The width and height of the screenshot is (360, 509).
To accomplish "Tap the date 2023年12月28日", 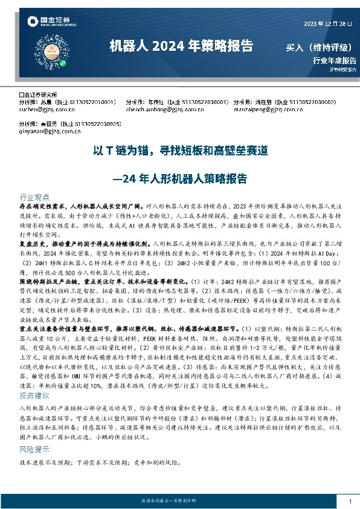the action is [329, 23].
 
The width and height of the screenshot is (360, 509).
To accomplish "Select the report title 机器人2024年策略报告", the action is [181, 46].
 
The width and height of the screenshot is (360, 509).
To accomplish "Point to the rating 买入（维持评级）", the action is [320, 47].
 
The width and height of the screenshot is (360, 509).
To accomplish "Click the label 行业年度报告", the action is [335, 60].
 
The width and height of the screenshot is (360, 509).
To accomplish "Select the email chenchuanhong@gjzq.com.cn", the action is [160, 109].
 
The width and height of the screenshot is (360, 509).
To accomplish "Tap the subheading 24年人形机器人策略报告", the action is [180, 178].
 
